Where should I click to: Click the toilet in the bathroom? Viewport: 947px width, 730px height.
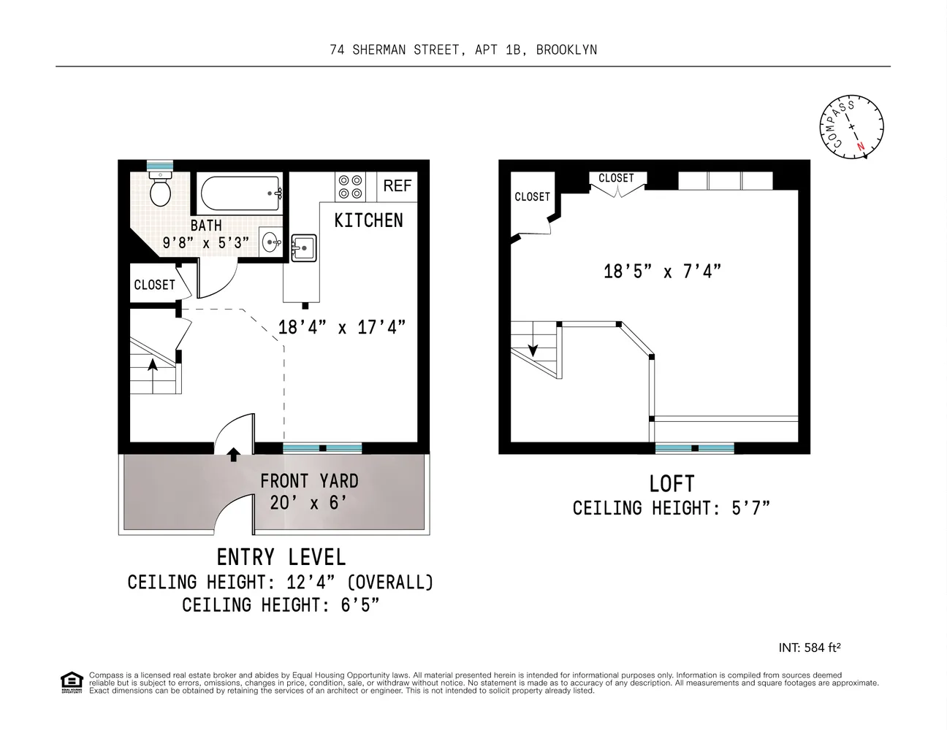pyautogui.click(x=160, y=191)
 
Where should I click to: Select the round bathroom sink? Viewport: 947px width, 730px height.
pyautogui.click(x=270, y=242)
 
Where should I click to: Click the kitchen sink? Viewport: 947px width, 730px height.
pyautogui.click(x=303, y=247)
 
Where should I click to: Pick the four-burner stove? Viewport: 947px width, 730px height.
pyautogui.click(x=349, y=187)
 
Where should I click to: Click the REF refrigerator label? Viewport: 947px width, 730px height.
pyautogui.click(x=397, y=186)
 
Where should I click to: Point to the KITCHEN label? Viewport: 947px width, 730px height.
pyautogui.click(x=368, y=220)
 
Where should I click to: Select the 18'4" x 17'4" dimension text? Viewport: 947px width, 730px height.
pyautogui.click(x=341, y=327)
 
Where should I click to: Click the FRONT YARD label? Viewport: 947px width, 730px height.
pyautogui.click(x=309, y=481)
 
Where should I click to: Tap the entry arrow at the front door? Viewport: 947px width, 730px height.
pyautogui.click(x=233, y=455)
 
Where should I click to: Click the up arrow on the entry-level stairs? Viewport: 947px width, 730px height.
pyautogui.click(x=153, y=364)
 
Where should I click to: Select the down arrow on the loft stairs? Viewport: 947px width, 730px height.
pyautogui.click(x=533, y=349)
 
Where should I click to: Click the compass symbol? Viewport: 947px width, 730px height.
pyautogui.click(x=851, y=126)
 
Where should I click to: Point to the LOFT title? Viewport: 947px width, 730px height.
pyautogui.click(x=672, y=484)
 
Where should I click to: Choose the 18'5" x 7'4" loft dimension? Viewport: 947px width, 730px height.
pyautogui.click(x=662, y=272)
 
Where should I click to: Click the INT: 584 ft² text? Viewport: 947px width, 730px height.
pyautogui.click(x=810, y=648)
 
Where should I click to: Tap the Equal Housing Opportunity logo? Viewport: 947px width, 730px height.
pyautogui.click(x=71, y=682)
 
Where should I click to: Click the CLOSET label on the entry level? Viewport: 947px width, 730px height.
pyautogui.click(x=154, y=285)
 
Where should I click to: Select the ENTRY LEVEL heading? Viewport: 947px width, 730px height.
pyautogui.click(x=281, y=558)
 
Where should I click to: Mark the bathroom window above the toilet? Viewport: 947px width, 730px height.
pyautogui.click(x=160, y=166)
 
